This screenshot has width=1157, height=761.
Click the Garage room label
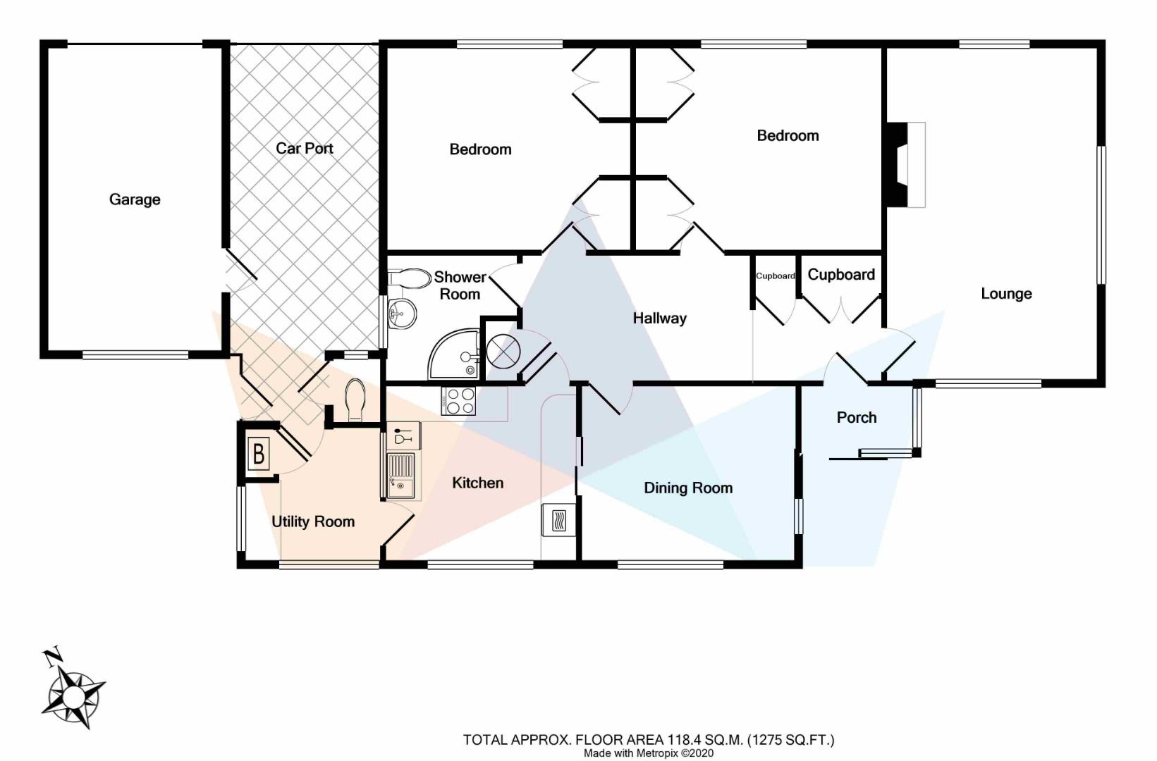[135, 199]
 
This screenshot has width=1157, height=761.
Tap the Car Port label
[304, 148]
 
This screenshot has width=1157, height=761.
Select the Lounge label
[1005, 294]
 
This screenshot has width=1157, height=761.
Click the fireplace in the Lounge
[905, 165]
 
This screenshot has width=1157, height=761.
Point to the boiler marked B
[259, 454]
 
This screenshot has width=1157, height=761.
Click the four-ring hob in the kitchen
[459, 401]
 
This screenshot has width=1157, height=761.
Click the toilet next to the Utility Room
[355, 399]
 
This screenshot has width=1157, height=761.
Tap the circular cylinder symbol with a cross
[503, 350]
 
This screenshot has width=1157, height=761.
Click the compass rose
[73, 695]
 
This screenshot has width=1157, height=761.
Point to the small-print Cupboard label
[775, 276]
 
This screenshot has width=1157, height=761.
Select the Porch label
[856, 418]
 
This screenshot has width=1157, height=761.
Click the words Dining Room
[687, 488]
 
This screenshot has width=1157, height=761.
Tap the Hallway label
[659, 318]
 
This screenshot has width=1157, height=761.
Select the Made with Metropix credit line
[648, 753]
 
